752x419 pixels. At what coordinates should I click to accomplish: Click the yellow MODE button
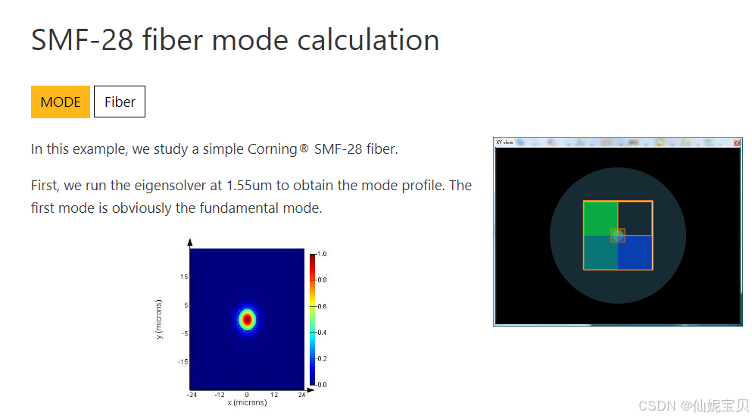[61, 102]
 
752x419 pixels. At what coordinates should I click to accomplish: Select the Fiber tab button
[120, 102]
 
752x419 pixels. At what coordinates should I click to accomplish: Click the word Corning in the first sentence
[272, 149]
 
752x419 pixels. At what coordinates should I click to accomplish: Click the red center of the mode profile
[247, 320]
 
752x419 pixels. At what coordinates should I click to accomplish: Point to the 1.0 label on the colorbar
[322, 255]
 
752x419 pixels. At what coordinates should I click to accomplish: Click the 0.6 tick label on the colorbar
[322, 306]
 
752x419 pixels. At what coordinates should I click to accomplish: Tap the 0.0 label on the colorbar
[322, 384]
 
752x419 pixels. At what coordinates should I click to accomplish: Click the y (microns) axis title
[160, 319]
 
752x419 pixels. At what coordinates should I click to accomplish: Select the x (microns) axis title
[247, 402]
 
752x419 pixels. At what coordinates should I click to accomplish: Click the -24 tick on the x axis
[192, 395]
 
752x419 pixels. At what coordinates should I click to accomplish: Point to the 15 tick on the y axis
[183, 277]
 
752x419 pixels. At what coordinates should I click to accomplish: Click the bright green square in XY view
[600, 218]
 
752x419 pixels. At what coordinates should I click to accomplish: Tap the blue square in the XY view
[635, 252]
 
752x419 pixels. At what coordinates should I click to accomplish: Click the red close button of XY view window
[737, 142]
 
